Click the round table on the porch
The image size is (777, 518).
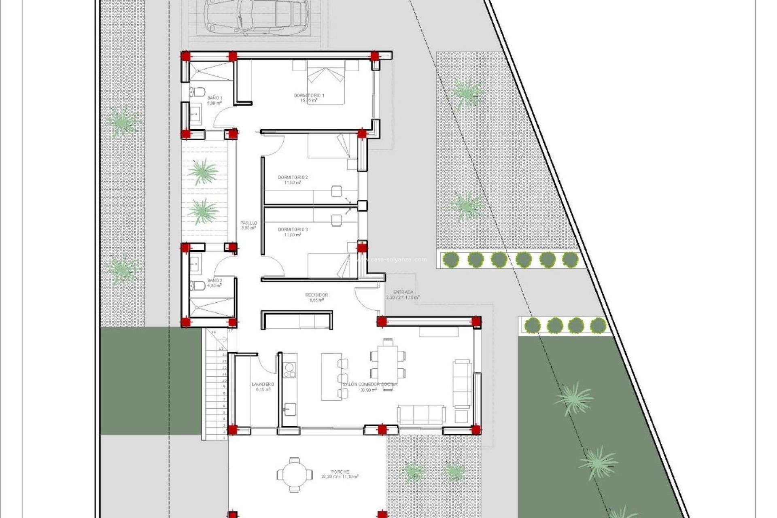click(295, 474)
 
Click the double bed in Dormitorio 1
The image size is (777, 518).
click(326, 83)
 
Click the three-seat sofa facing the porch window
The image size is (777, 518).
click(421, 414)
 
